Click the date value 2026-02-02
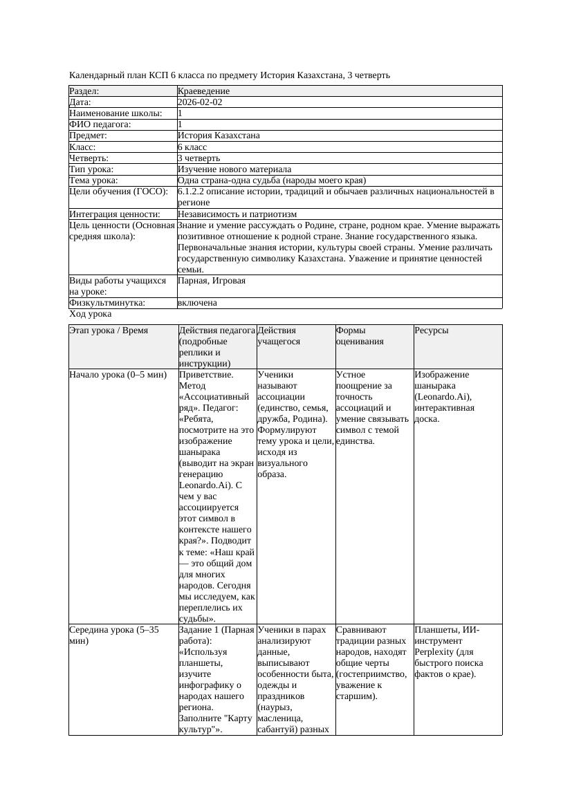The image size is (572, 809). (200, 102)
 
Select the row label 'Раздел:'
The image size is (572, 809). (84, 91)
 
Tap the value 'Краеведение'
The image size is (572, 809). (203, 91)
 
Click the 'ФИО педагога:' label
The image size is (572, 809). (100, 124)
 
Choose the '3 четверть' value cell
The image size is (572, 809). (199, 158)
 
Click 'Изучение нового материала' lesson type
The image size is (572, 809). (234, 169)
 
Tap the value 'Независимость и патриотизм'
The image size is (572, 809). (237, 214)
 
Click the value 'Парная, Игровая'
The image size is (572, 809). (212, 281)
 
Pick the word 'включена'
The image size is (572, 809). (197, 303)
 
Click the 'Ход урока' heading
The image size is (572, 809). (90, 314)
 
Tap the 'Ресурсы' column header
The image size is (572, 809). (432, 331)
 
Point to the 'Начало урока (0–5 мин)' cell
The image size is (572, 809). (118, 375)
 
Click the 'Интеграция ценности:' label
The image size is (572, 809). (115, 214)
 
